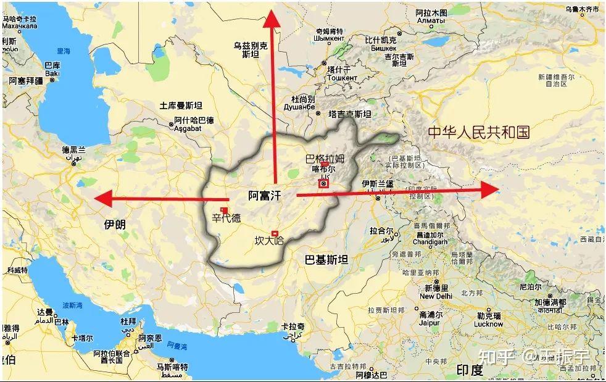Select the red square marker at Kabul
pos(323,183)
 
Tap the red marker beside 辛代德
pos(224,210)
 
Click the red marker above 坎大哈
pos(275,233)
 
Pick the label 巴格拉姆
pos(325,159)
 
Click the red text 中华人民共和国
pos(479,132)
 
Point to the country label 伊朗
pos(115,225)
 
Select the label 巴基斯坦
pos(326,260)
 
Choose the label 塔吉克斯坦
pos(350,114)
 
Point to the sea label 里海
pos(64,52)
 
